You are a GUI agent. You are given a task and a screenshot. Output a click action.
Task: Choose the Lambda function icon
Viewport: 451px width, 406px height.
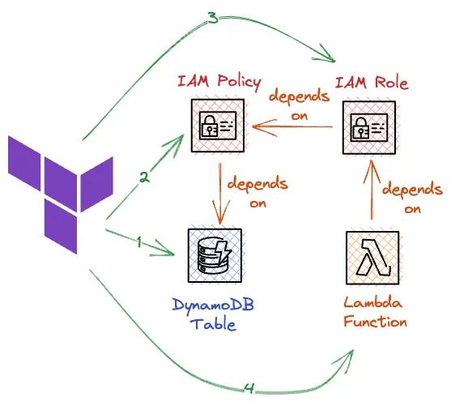tap(372, 258)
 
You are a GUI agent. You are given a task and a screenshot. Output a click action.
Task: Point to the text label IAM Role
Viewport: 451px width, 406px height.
tap(372, 82)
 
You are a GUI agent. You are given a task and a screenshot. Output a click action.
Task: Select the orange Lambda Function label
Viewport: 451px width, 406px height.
tap(373, 313)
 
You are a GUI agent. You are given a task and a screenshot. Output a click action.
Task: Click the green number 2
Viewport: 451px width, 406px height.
tap(143, 177)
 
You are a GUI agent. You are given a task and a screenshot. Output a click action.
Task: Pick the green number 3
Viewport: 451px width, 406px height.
tap(212, 17)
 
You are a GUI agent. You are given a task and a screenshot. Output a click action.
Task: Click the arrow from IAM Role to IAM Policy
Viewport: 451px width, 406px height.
tap(291, 127)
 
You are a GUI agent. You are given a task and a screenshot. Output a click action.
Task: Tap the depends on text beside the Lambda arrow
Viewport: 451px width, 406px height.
tap(412, 199)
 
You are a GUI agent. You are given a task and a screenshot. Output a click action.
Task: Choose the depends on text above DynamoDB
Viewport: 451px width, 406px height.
tap(257, 193)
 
